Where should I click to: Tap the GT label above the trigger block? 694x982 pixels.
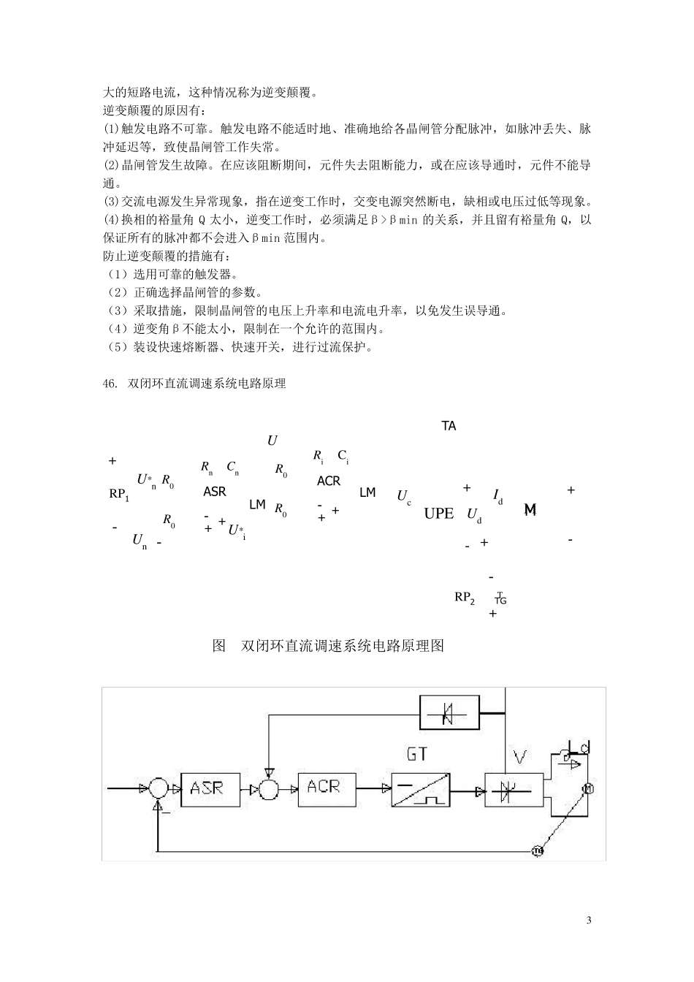417,753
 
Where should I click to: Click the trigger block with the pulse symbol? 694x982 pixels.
419,789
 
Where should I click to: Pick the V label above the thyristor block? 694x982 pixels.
519,757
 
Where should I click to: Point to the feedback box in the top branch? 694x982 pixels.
449,712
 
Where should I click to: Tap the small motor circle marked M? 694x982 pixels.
586,788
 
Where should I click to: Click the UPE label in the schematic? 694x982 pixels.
439,514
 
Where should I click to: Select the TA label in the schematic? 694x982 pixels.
449,426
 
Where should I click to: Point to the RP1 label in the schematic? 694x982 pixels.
119,495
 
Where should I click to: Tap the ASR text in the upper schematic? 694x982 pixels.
215,492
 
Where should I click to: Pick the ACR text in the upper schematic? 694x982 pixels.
329,481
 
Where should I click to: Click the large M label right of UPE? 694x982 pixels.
530,510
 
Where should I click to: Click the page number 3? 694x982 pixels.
589,920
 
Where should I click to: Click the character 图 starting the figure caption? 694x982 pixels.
218,646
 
